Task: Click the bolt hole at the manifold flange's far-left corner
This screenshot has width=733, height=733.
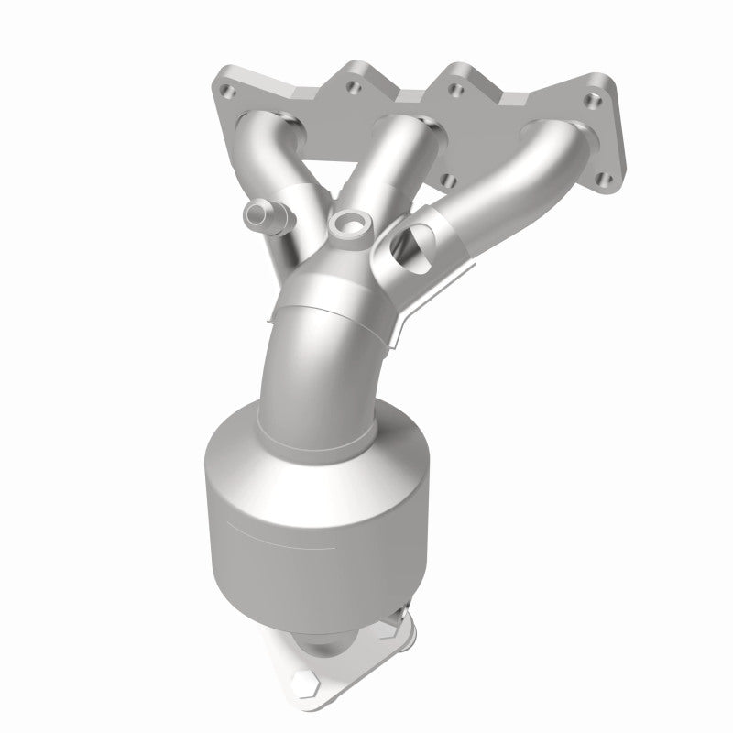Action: tap(227, 93)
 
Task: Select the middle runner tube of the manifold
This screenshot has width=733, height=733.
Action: tap(383, 165)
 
